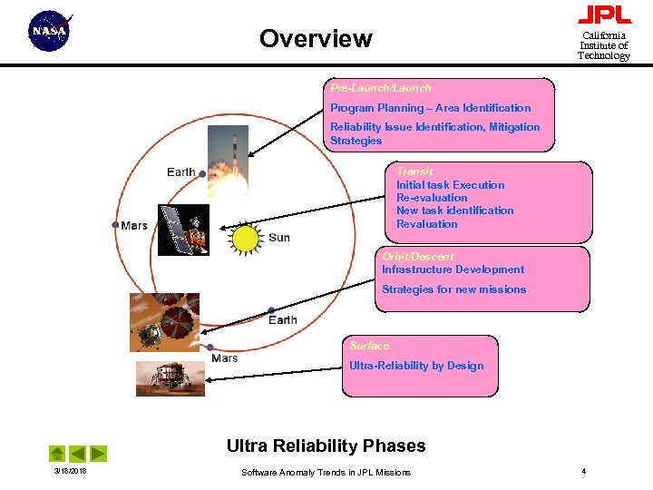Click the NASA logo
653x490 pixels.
(50, 32)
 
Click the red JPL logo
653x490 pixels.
(604, 15)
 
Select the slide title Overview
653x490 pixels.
(316, 39)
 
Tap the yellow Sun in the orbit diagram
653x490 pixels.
(246, 238)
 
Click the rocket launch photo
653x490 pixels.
(228, 161)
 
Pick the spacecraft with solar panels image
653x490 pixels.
(183, 230)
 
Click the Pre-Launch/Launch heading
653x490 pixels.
(380, 88)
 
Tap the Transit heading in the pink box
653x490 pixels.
(414, 171)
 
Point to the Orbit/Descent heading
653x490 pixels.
(417, 257)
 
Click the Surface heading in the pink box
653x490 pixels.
(369, 346)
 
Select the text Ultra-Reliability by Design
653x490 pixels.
(416, 366)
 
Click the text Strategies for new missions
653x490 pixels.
(453, 289)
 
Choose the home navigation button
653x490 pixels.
(57, 453)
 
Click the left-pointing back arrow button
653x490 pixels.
(78, 453)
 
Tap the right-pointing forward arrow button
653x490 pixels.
(99, 453)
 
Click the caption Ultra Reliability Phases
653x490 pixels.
(326, 446)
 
